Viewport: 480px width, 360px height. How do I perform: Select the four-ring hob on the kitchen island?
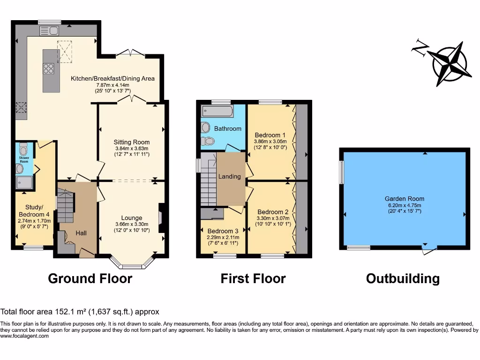[48, 68]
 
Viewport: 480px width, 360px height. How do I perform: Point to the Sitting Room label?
[132, 142]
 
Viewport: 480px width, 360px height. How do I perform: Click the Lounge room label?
[132, 217]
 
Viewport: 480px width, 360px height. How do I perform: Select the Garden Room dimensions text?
[405, 208]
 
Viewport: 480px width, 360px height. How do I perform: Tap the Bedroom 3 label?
[223, 231]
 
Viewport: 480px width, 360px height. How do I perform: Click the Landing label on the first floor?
[230, 176]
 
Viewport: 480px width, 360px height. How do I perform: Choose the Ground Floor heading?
[90, 278]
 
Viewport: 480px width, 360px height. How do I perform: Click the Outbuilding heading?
[403, 278]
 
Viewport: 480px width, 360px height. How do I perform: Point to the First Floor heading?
[253, 278]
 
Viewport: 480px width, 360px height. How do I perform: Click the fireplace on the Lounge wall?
[161, 218]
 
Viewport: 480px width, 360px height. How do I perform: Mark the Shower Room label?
[24, 160]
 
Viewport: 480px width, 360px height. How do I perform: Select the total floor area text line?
[80, 311]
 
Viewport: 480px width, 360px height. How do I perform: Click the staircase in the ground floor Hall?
[66, 209]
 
